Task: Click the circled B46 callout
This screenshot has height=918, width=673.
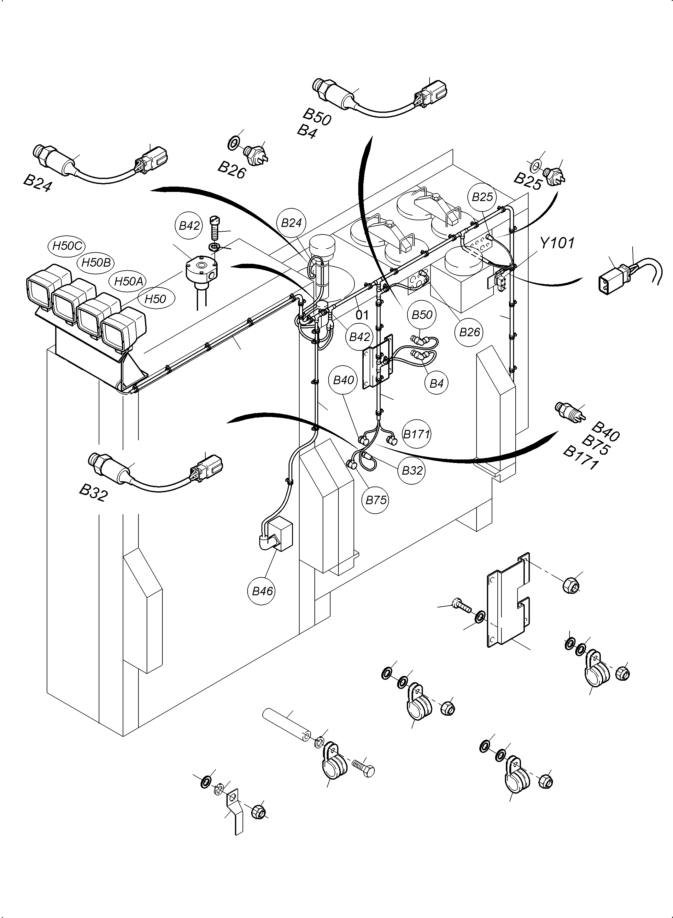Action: point(262,591)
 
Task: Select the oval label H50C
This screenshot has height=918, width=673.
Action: point(68,246)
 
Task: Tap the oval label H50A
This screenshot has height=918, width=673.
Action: point(128,281)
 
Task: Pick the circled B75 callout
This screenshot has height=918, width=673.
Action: point(376,500)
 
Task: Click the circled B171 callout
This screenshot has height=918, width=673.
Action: point(416,434)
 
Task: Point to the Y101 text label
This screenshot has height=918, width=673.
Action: point(557,243)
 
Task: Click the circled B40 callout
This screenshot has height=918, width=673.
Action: point(343,380)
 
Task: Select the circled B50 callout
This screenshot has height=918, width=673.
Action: point(422,315)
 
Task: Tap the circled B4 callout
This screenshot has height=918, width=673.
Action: point(436,384)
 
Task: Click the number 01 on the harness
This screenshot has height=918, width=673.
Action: point(362,315)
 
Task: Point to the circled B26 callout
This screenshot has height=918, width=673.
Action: point(469,332)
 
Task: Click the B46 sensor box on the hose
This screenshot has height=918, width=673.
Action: point(282,535)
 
